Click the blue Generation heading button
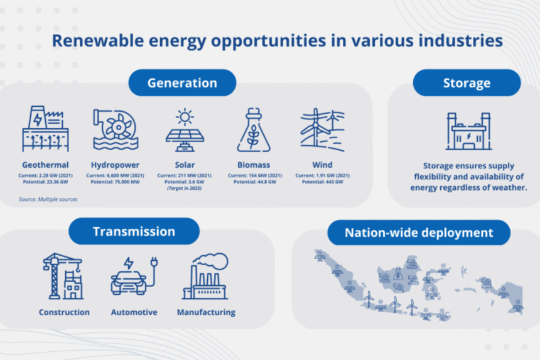click(182, 83)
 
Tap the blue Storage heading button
click(466, 83)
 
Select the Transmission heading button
click(134, 231)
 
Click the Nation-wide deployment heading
click(418, 232)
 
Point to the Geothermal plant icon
click(45, 129)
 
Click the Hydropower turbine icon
click(116, 129)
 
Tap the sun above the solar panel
click(185, 116)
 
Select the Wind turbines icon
click(322, 130)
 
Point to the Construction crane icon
click(63, 276)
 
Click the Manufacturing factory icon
click(205, 276)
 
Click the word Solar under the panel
click(185, 165)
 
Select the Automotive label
click(134, 312)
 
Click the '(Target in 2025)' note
click(185, 188)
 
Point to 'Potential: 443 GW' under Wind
click(322, 182)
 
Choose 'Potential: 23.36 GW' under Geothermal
click(45, 182)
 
